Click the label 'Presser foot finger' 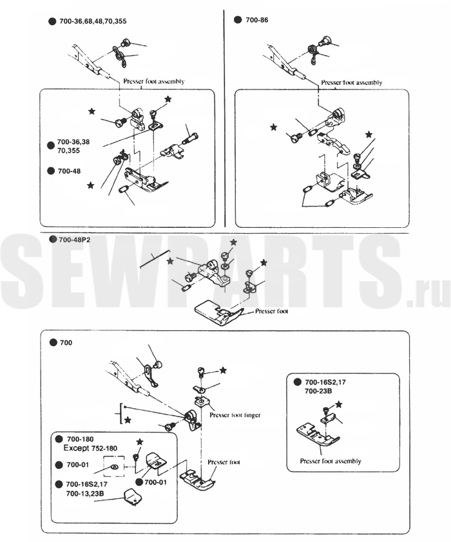tap(235, 416)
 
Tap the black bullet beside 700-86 tap(238, 21)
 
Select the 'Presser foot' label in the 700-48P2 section tap(270, 310)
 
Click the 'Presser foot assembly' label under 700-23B tap(331, 461)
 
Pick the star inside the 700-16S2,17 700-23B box tap(339, 403)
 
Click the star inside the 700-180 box tap(139, 442)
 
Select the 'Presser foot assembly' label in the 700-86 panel tap(351, 82)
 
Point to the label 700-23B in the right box tap(318, 391)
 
